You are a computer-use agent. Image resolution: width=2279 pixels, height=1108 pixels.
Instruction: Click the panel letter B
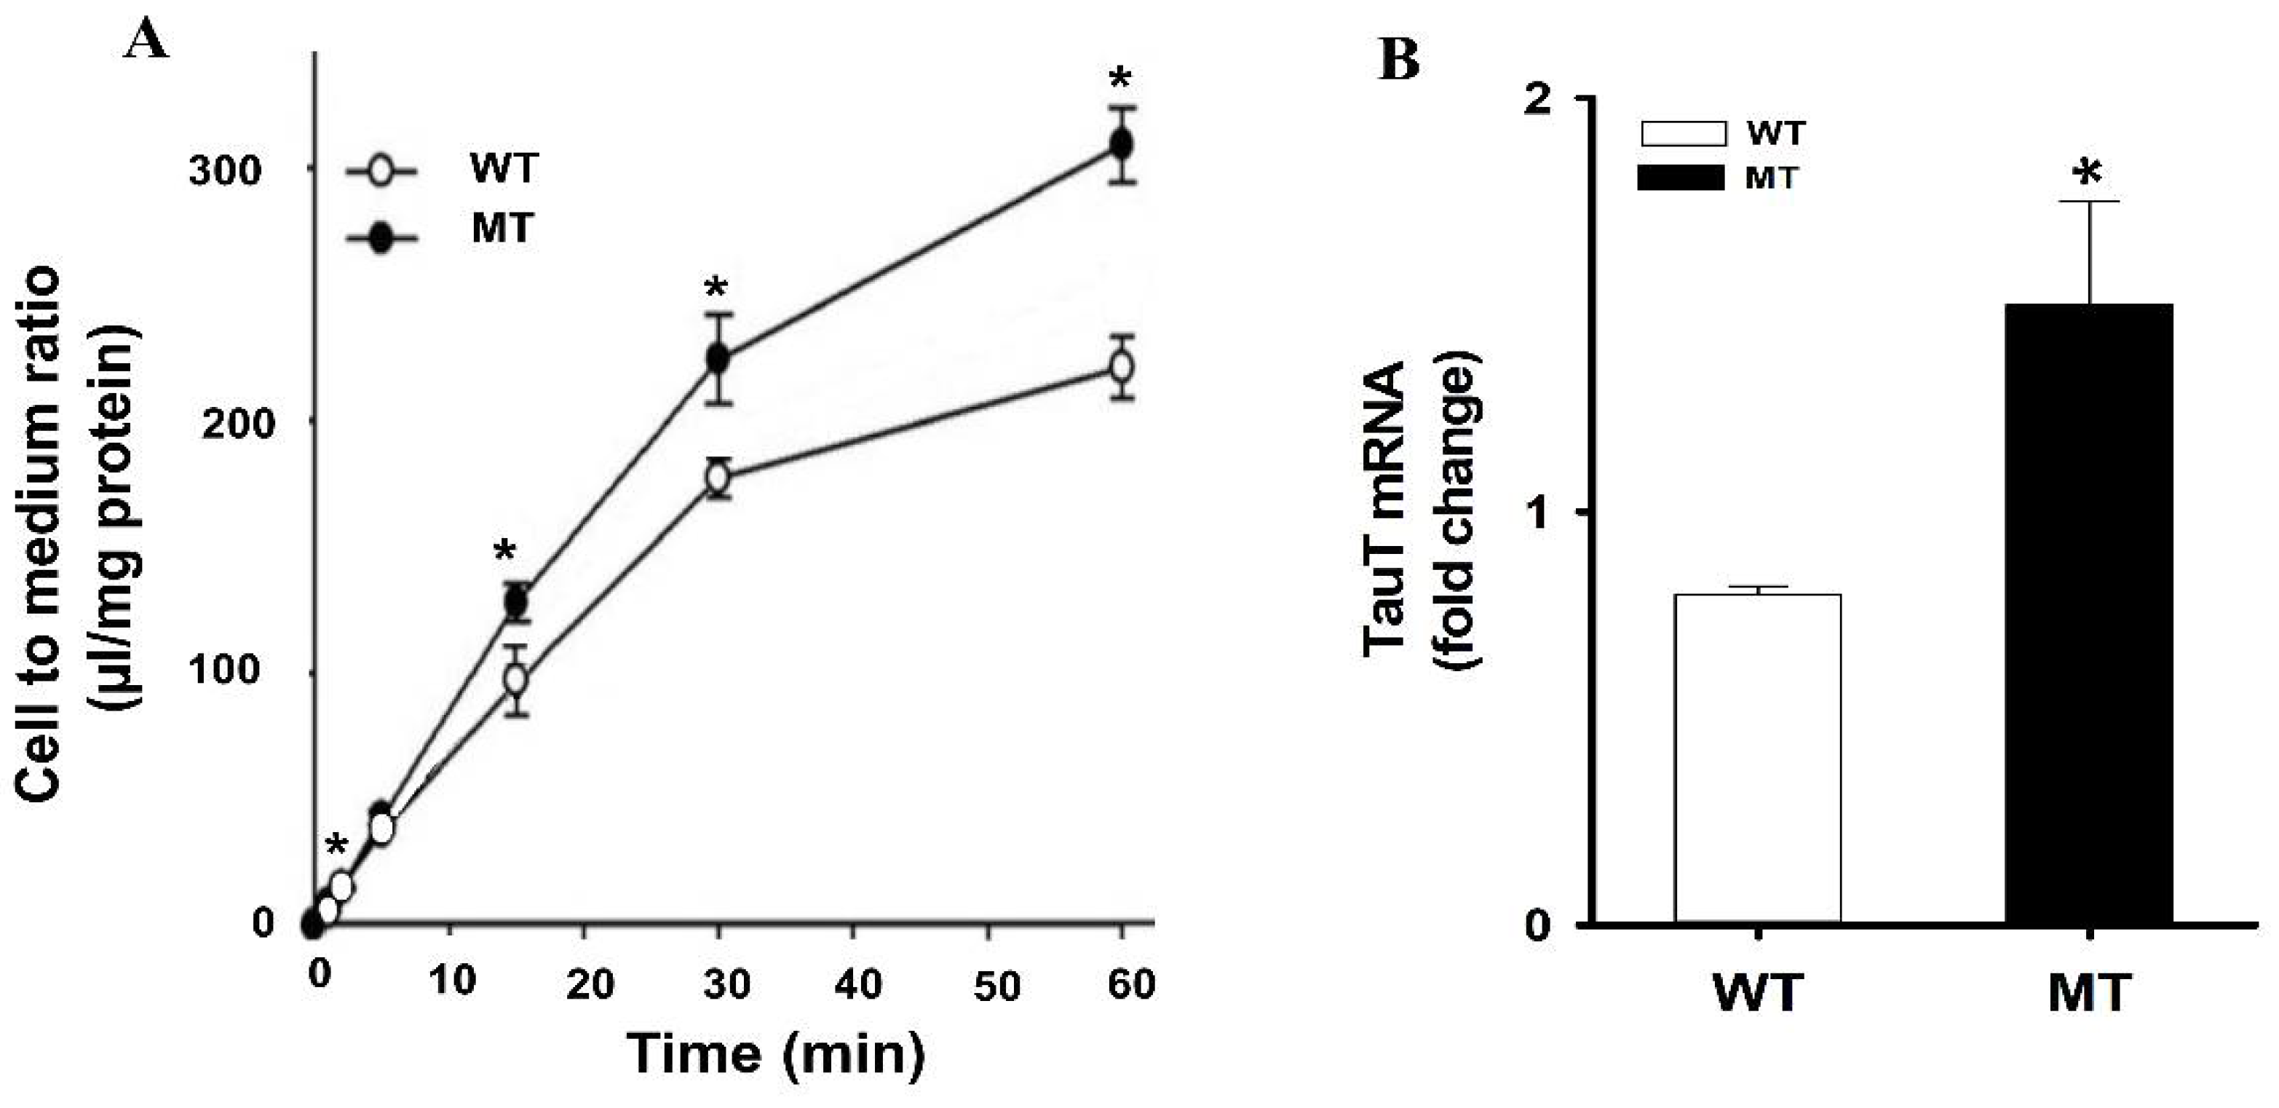(1400, 60)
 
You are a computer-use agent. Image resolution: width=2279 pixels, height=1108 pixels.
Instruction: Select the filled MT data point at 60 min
(1122, 144)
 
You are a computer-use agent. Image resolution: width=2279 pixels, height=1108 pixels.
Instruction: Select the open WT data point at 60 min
(1122, 366)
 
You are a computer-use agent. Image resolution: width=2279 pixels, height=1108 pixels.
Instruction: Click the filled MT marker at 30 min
(718, 358)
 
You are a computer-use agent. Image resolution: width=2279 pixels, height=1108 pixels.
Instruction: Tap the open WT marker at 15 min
(516, 680)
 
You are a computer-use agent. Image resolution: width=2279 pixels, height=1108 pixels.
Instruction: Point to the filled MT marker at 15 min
(516, 603)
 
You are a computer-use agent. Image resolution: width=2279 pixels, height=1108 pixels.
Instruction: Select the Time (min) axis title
(775, 1054)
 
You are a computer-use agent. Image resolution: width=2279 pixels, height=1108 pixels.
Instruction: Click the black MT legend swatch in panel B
(1681, 178)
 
